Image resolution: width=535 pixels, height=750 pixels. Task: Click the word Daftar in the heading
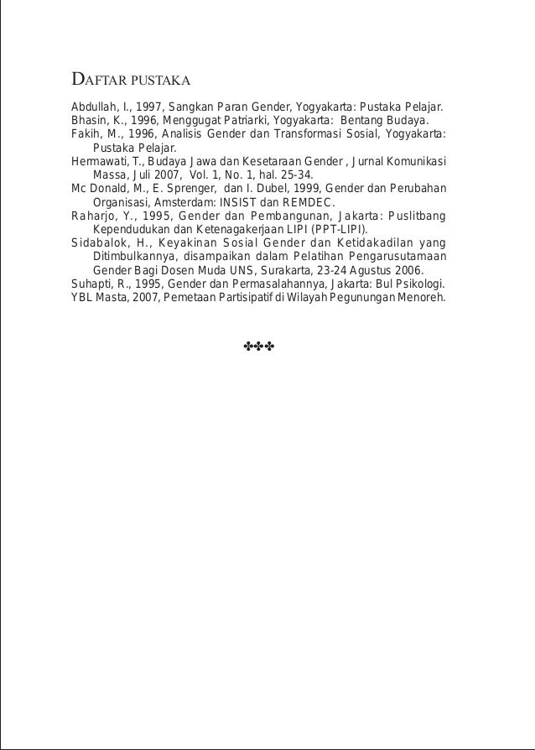[100, 81]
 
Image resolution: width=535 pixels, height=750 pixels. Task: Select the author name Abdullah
[94, 107]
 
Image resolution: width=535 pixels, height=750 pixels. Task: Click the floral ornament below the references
[259, 346]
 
